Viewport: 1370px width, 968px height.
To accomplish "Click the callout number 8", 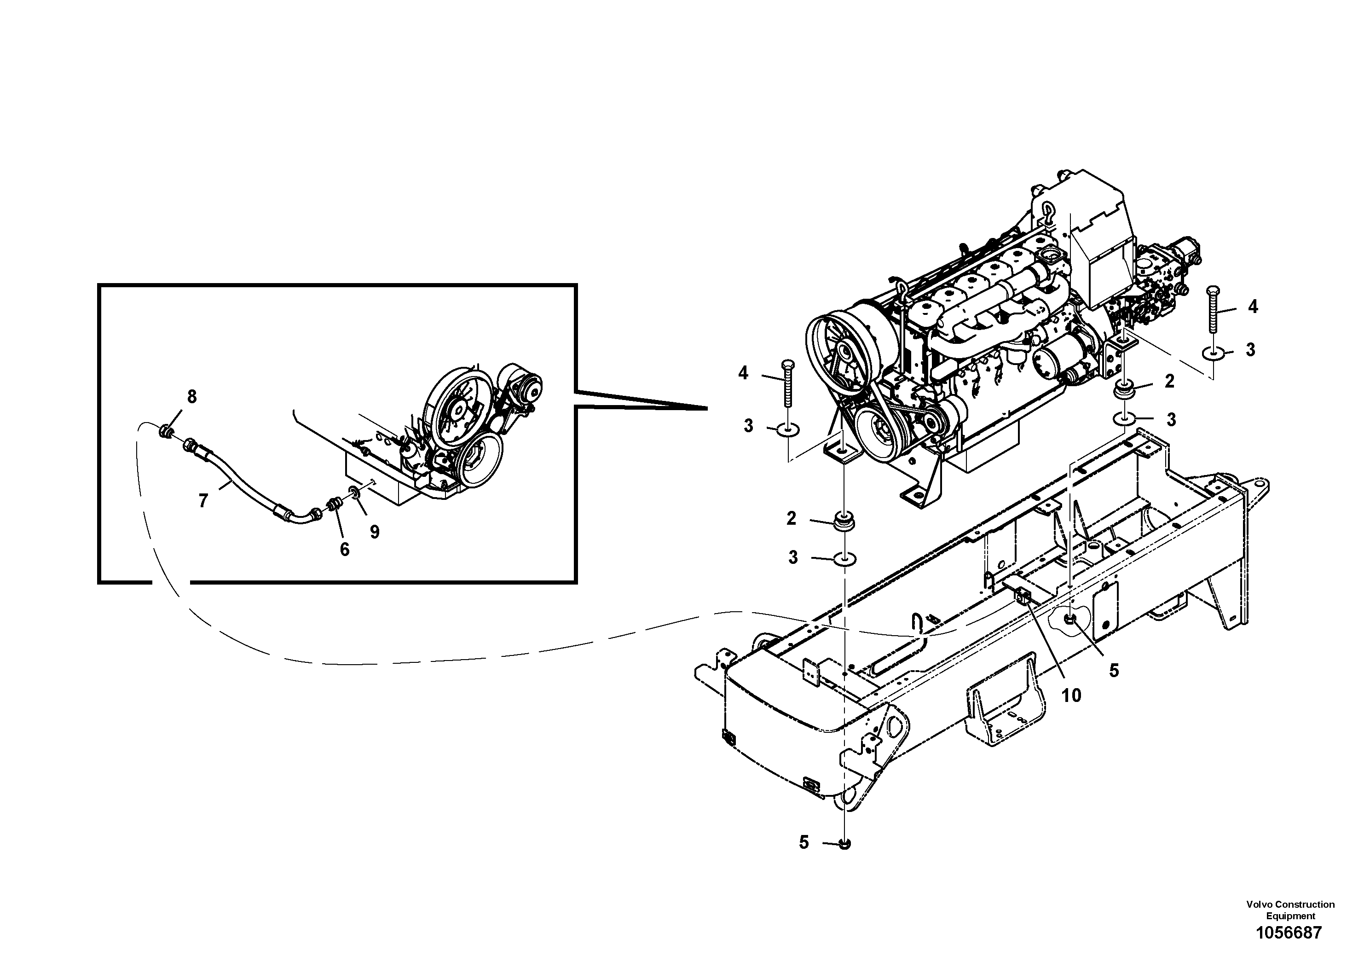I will (x=191, y=396).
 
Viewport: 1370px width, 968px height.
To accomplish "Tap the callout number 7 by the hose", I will (x=203, y=501).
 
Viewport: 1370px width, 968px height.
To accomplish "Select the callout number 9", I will (x=374, y=531).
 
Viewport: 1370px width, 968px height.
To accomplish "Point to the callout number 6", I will (x=344, y=549).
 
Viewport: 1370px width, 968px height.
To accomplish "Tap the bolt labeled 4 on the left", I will (x=787, y=383).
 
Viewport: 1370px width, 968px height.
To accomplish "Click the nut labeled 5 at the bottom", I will (x=844, y=843).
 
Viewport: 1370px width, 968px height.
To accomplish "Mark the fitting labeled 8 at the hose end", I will (x=167, y=430).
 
